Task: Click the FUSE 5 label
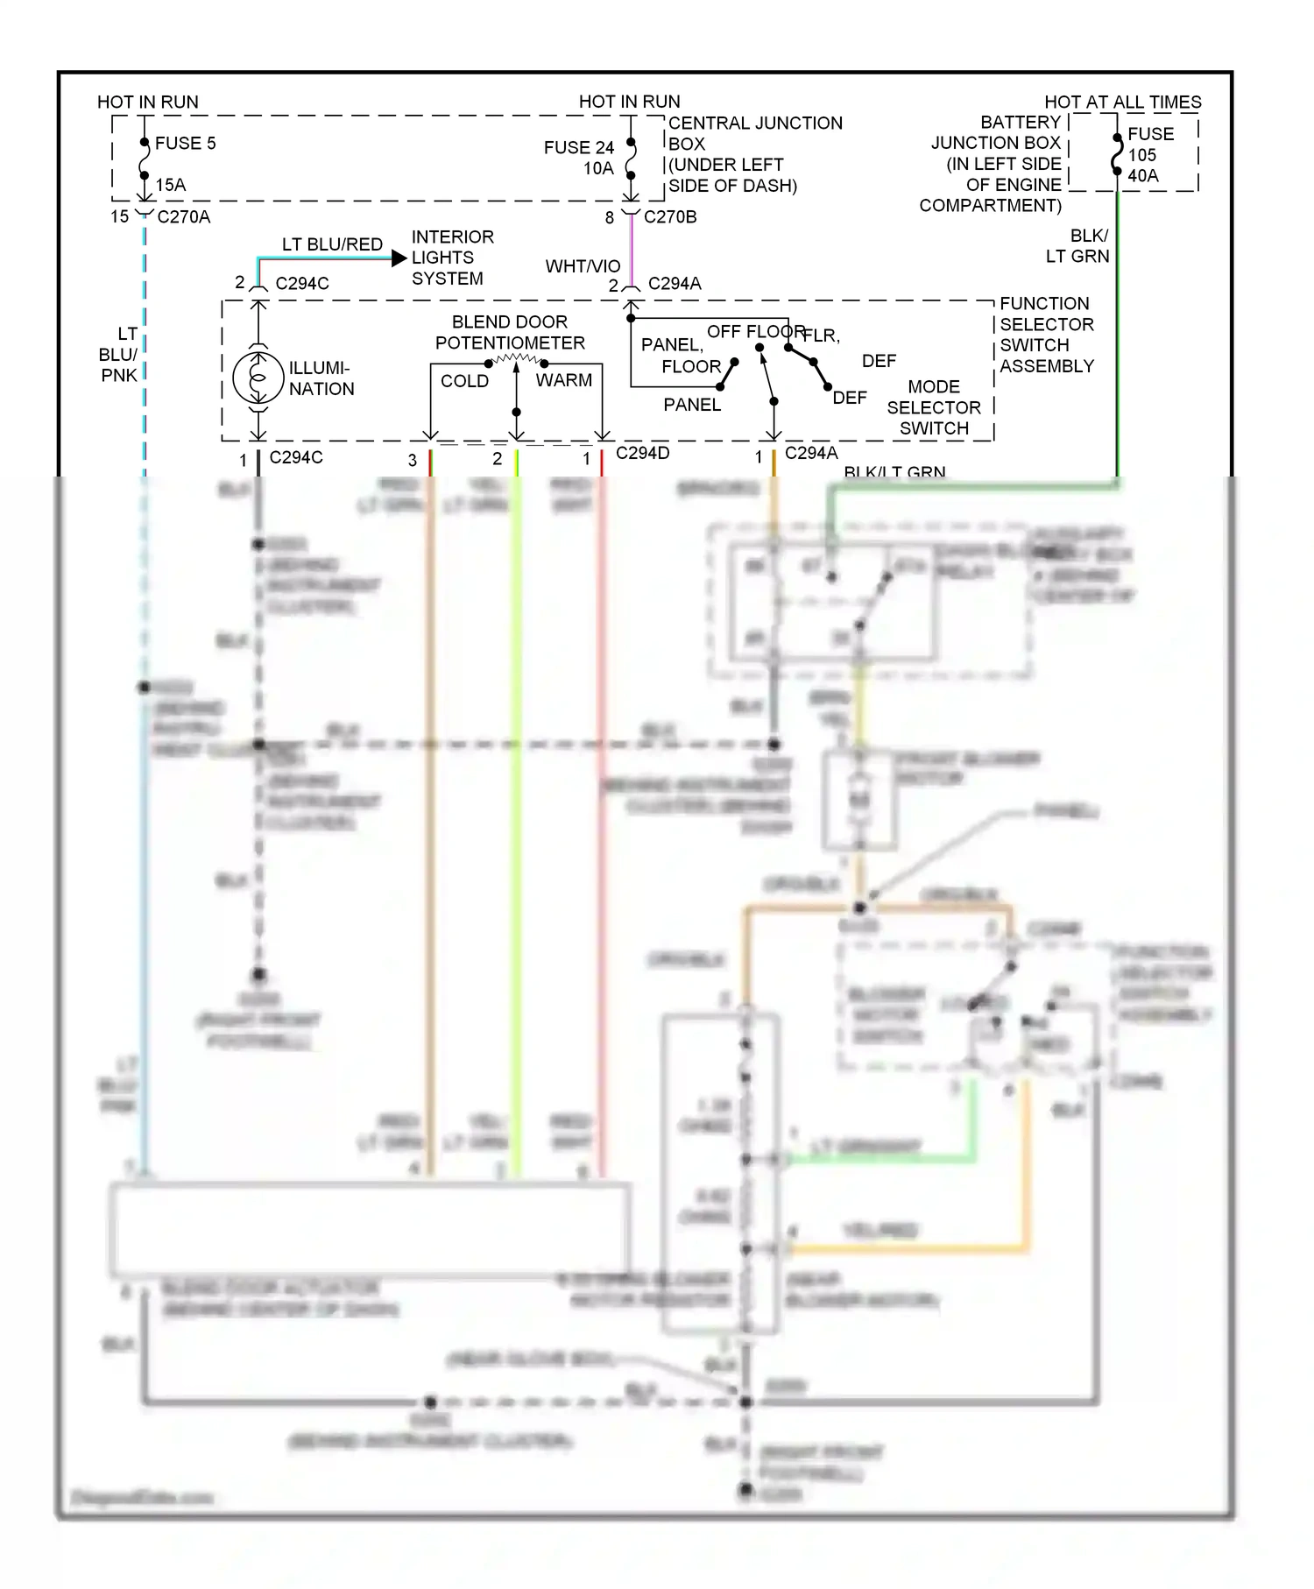(185, 143)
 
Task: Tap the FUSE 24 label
(579, 147)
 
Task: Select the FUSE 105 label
(1150, 145)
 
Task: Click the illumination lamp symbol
(258, 378)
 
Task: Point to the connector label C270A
(183, 216)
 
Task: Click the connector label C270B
(670, 216)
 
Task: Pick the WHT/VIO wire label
(583, 266)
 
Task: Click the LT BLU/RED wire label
(332, 244)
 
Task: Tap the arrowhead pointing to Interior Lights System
(399, 258)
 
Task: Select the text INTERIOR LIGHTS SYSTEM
(452, 258)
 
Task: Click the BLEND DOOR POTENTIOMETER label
(510, 332)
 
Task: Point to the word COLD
(464, 381)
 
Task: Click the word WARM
(563, 380)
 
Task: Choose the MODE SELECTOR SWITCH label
(934, 407)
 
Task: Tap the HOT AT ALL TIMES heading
(1122, 102)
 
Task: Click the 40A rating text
(1142, 175)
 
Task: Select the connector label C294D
(642, 453)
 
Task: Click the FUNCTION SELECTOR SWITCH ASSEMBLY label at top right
(1046, 335)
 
